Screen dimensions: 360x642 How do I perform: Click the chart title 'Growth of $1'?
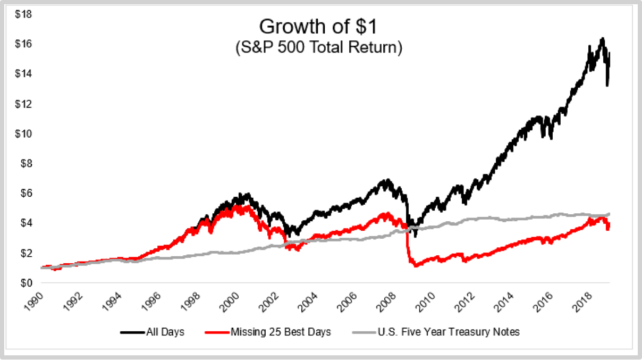318,27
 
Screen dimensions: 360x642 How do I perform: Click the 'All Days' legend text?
166,332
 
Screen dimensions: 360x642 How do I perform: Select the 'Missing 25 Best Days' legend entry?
281,332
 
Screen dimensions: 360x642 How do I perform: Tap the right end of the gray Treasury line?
609,214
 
